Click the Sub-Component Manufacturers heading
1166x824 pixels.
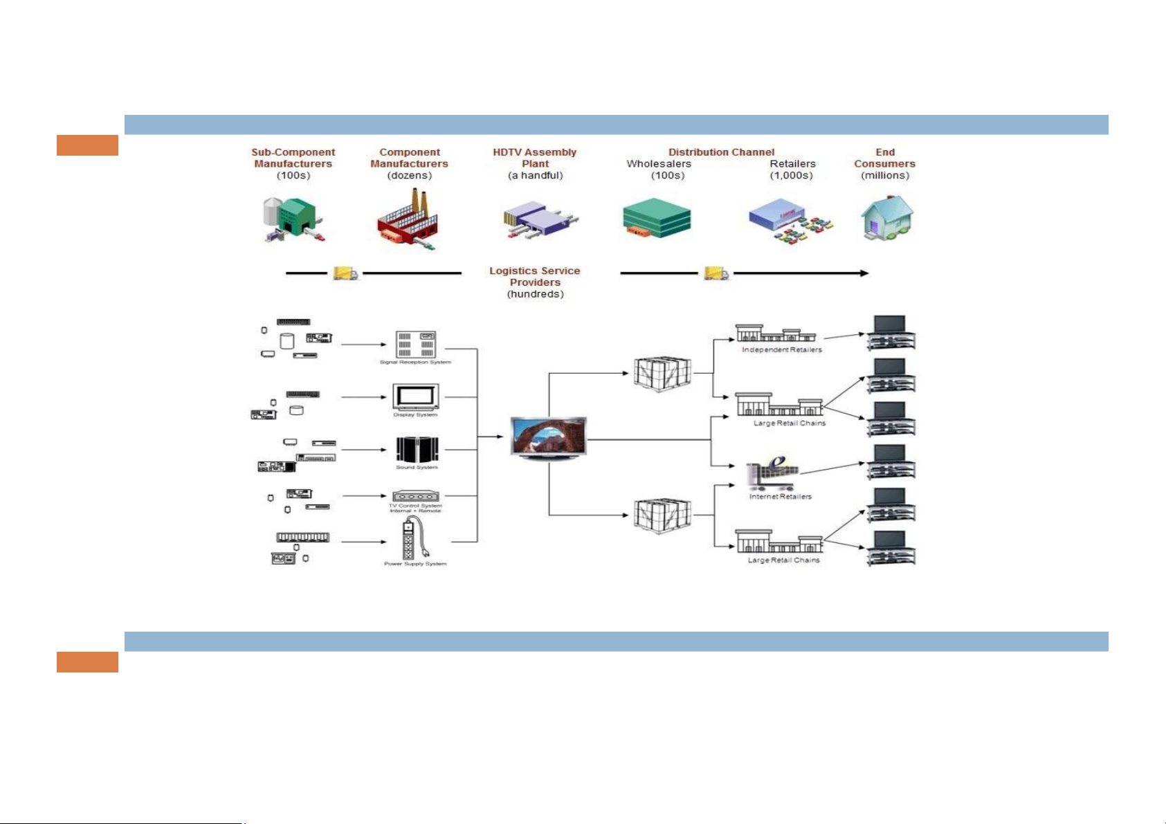(x=293, y=158)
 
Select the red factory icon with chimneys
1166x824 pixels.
(x=408, y=220)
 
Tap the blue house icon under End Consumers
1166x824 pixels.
(x=886, y=217)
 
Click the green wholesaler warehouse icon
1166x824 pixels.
(x=656, y=219)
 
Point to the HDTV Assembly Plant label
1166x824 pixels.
(x=535, y=158)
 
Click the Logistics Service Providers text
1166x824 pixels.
(x=535, y=277)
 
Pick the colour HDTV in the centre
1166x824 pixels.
(x=548, y=437)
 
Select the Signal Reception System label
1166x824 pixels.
(x=415, y=363)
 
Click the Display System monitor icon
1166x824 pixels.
(x=416, y=397)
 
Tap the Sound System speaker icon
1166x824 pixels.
(x=417, y=450)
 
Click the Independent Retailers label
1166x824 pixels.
(x=782, y=350)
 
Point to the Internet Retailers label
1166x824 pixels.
(x=781, y=497)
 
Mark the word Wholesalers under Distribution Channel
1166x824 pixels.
(x=659, y=164)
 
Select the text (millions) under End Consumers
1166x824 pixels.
(x=885, y=176)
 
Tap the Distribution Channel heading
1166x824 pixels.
(x=721, y=152)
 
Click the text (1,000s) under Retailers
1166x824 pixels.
(x=792, y=176)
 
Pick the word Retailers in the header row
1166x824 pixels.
(x=793, y=164)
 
